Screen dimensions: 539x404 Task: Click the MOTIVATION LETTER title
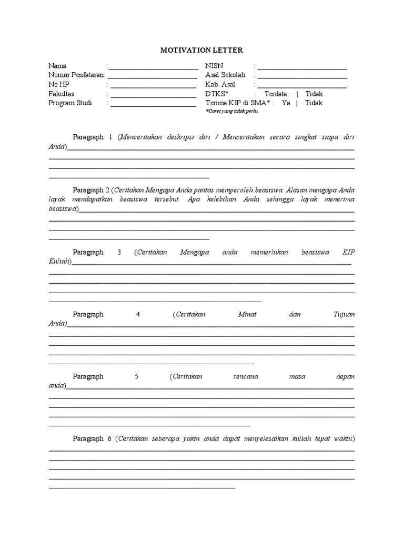tap(201, 50)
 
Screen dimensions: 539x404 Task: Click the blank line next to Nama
tap(153, 67)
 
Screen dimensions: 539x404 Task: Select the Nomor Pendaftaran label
tap(77, 75)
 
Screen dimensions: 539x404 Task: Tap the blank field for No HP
tap(153, 85)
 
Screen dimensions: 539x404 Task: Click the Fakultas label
tap(62, 94)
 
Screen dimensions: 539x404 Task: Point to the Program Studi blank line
tap(153, 104)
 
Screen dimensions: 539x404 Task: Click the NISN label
tap(215, 66)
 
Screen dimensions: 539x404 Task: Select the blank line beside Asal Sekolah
tap(302, 76)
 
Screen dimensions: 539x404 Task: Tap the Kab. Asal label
tap(220, 84)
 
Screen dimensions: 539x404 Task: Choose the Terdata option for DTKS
tap(276, 94)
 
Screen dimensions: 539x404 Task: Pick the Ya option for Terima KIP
tap(286, 103)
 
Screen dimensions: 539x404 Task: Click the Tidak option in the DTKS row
tap(314, 94)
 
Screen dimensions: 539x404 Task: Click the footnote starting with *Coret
tap(231, 112)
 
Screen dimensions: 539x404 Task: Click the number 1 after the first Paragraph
tap(111, 137)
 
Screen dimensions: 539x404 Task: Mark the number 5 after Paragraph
tap(137, 376)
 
